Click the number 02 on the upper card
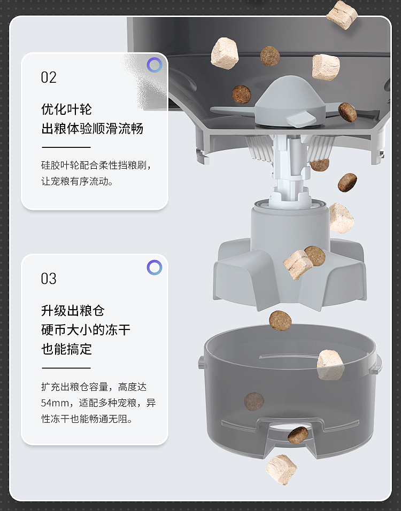click(x=49, y=77)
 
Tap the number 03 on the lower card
click(x=49, y=279)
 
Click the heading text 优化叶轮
click(x=66, y=109)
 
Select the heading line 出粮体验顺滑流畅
click(x=92, y=128)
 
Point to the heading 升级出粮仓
click(x=73, y=311)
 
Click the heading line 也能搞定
click(x=66, y=349)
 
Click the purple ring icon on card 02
click(x=155, y=65)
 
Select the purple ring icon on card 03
click(x=155, y=267)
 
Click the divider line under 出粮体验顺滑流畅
click(x=66, y=147)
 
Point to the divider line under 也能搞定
click(x=66, y=368)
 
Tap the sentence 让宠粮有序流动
click(x=77, y=181)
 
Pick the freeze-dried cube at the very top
click(x=342, y=14)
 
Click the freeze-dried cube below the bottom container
click(x=281, y=469)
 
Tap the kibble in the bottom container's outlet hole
click(x=298, y=435)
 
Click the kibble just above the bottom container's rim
click(x=280, y=320)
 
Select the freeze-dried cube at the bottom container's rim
click(x=330, y=365)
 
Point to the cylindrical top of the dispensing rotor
click(x=290, y=225)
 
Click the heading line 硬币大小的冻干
click(x=86, y=330)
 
